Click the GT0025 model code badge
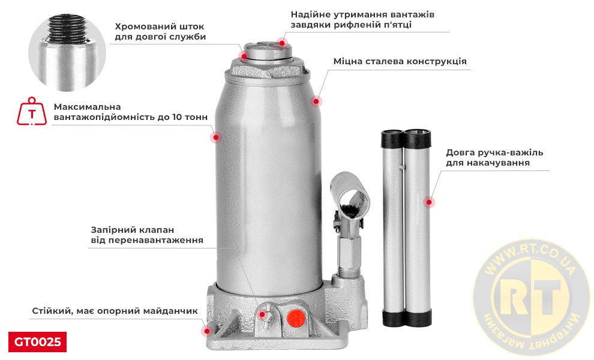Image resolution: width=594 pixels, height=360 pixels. [x=37, y=342]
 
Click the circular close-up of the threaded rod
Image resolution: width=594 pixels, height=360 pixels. [x=67, y=53]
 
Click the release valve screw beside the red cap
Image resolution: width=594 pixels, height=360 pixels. [x=264, y=313]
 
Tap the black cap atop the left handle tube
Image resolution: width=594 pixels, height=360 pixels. [x=394, y=139]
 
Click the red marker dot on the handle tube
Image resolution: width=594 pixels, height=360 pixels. [x=428, y=202]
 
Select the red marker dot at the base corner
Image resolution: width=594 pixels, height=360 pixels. [x=207, y=331]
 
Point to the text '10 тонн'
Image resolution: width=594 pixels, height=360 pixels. [x=188, y=118]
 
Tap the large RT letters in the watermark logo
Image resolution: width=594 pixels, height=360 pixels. [x=527, y=296]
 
